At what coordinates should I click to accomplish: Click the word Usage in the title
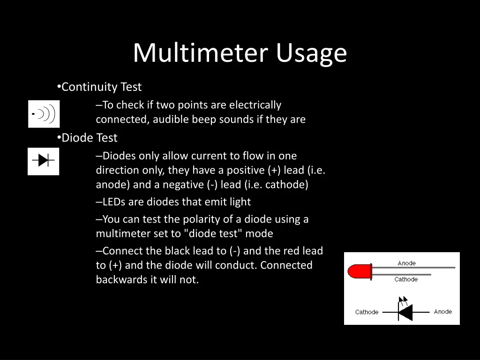311,54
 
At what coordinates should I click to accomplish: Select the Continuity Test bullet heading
101,87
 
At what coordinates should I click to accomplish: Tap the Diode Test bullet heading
90,138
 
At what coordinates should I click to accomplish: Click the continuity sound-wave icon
44,114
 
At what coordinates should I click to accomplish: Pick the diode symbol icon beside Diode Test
44,161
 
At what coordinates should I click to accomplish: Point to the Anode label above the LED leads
406,263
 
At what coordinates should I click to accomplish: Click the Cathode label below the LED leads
406,279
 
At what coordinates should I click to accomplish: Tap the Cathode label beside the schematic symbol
367,312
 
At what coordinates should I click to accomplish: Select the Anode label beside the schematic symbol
442,312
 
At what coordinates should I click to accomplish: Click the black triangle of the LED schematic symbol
405,312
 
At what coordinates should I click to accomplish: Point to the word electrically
255,105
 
